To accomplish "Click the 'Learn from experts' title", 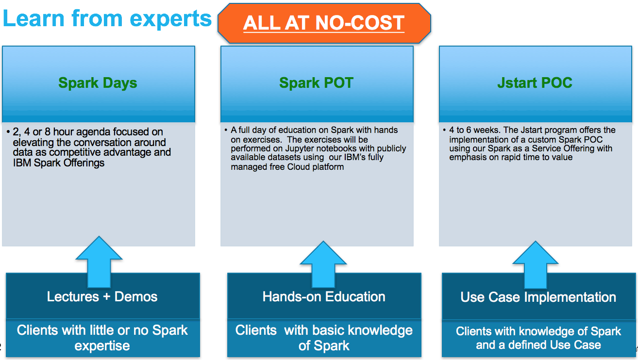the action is tap(107, 19).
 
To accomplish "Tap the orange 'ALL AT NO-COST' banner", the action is tap(324, 23).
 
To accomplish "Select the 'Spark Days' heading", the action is tap(98, 83).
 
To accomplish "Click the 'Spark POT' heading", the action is tap(316, 83).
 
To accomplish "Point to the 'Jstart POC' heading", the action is tap(535, 83).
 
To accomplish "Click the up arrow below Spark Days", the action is tap(99, 262).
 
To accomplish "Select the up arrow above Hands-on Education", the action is tap(323, 264).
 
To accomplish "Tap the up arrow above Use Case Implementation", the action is tap(536, 265).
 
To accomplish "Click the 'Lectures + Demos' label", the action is tap(102, 296).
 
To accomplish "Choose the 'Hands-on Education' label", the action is tap(324, 296).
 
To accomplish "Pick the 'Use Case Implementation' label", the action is tap(538, 297).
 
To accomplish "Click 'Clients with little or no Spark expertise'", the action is tap(102, 338).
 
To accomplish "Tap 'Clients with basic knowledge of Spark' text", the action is tap(324, 338).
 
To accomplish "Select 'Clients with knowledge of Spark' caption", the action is tap(538, 331).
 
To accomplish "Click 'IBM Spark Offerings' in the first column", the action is tap(59, 163).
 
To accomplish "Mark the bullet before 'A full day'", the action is tap(226, 130).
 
